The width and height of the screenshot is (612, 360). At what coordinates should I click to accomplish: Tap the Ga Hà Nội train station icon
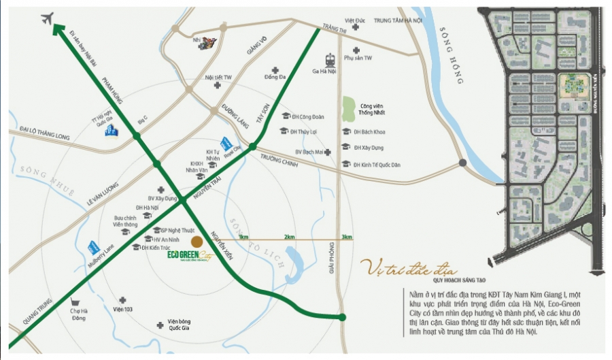(330, 59)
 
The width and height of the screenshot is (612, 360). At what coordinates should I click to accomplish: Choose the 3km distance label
(346, 236)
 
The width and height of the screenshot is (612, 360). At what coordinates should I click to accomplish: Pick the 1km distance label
(243, 236)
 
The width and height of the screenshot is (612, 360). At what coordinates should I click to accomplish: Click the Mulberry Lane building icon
(92, 248)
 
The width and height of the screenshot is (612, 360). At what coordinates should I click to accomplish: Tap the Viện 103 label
(122, 308)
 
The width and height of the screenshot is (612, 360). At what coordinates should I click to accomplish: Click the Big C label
(142, 120)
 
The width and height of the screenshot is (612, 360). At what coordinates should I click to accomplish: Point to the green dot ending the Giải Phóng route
(343, 316)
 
